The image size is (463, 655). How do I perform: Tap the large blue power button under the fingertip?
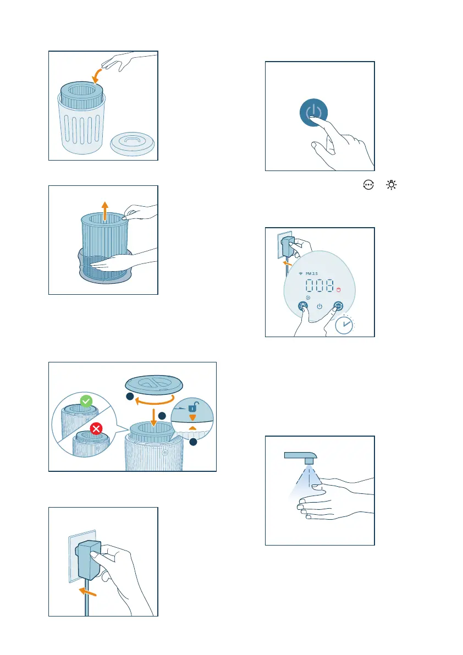pyautogui.click(x=313, y=112)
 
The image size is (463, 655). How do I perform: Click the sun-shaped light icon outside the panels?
pyautogui.click(x=391, y=185)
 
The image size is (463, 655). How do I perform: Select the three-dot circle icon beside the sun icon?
pyautogui.click(x=368, y=185)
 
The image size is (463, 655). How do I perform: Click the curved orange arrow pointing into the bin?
pyautogui.click(x=96, y=75)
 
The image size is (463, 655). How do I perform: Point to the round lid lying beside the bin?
pyautogui.click(x=133, y=144)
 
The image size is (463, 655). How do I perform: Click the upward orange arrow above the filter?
pyautogui.click(x=105, y=211)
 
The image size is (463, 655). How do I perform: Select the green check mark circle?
pyautogui.click(x=86, y=401)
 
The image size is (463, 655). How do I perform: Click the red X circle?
pyautogui.click(x=96, y=428)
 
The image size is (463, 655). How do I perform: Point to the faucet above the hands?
pyautogui.click(x=301, y=458)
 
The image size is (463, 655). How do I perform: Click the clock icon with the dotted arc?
pyautogui.click(x=344, y=325)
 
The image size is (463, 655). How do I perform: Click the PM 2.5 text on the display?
pyautogui.click(x=311, y=274)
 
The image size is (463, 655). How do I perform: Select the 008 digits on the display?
pyautogui.click(x=320, y=286)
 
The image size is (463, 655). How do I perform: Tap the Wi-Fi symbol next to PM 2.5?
pyautogui.click(x=301, y=274)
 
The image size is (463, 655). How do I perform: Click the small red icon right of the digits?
pyautogui.click(x=339, y=290)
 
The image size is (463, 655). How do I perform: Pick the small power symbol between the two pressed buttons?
pyautogui.click(x=319, y=306)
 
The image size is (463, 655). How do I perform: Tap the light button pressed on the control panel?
pyautogui.click(x=303, y=306)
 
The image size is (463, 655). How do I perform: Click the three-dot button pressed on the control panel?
pyautogui.click(x=338, y=306)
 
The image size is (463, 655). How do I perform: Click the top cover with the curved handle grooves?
pyautogui.click(x=154, y=384)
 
